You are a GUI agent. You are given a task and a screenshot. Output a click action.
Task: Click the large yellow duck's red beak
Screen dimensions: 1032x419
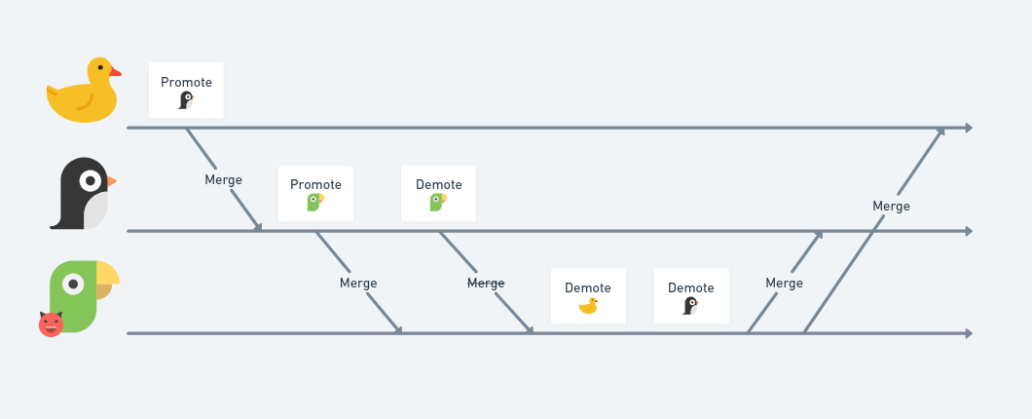115,72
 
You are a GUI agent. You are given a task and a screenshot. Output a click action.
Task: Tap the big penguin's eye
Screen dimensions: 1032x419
91,180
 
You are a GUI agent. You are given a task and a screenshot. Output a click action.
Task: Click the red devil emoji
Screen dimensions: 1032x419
51,324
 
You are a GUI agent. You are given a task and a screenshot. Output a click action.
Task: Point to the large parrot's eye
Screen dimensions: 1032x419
73,284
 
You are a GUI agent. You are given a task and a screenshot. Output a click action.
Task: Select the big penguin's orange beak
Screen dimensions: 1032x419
111,181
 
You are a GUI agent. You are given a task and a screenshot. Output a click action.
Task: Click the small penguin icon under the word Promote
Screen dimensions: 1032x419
186,100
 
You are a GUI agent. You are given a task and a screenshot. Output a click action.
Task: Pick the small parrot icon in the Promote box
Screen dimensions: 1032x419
315,203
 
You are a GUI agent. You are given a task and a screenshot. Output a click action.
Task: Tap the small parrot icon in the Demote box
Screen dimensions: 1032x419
438,203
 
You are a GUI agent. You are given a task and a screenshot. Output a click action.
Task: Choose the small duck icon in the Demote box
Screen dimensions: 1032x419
588,306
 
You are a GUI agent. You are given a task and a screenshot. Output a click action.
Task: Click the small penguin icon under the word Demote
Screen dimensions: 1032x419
690,306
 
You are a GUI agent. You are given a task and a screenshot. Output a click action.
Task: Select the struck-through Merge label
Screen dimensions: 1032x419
486,283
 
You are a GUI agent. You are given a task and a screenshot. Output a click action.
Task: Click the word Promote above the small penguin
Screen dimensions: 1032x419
186,83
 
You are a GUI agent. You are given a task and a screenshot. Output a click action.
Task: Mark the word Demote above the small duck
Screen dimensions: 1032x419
588,287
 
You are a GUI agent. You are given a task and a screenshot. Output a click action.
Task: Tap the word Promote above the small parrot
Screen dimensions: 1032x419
315,184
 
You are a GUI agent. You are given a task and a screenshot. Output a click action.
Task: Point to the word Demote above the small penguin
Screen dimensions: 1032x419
691,287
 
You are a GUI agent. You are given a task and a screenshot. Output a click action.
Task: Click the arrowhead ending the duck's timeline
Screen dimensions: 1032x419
969,128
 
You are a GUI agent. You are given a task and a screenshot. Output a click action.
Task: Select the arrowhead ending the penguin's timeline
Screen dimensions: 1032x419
969,231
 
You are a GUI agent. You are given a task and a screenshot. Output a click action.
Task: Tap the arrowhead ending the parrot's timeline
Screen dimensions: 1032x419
969,334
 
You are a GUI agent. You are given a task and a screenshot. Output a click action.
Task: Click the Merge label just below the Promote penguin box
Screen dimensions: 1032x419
223,180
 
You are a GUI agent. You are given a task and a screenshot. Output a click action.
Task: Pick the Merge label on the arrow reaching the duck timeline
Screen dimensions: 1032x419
891,207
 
